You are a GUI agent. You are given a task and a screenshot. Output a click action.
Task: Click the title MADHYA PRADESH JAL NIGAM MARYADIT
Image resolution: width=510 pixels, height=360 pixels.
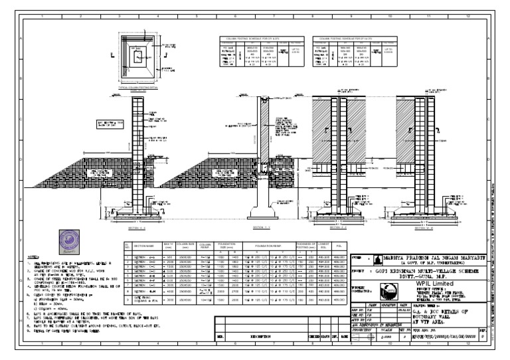pos(437,256)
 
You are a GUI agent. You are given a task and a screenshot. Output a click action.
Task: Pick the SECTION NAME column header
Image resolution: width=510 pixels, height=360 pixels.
pos(145,246)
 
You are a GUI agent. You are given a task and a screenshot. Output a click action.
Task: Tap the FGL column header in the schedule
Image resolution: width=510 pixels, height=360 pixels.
pos(339,246)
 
